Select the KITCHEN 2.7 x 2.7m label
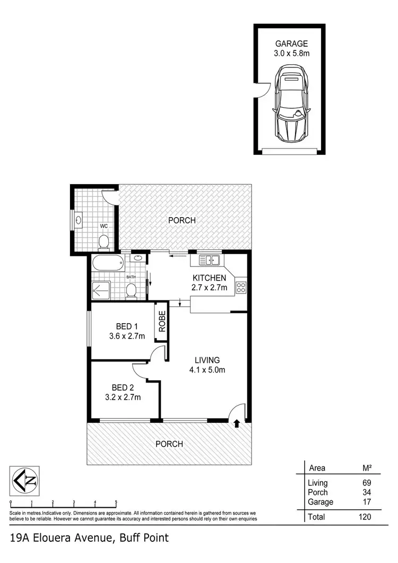(x=209, y=283)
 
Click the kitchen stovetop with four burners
(x=240, y=288)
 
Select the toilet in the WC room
(x=104, y=241)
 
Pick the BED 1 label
(x=127, y=326)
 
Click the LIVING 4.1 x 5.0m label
(x=207, y=365)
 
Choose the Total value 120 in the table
(x=364, y=516)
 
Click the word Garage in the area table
(x=321, y=502)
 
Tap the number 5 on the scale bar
(x=116, y=502)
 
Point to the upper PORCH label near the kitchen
(x=182, y=220)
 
